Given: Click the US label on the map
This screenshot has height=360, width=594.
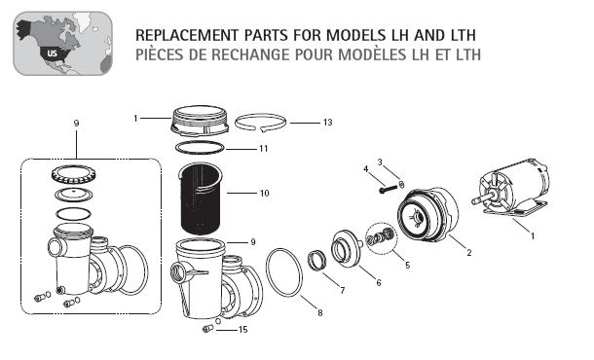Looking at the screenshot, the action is (52, 53).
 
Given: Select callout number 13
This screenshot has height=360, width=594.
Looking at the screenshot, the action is (327, 123).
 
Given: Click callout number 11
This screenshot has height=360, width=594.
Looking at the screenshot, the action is (263, 149).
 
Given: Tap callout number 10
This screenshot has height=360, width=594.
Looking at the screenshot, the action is (264, 193).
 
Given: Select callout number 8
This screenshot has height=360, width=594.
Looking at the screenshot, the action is (320, 313).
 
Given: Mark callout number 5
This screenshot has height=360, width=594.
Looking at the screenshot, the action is (408, 265).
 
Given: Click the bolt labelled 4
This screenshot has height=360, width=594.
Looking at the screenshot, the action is (387, 189).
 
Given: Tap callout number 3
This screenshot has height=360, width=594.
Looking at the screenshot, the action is (380, 162).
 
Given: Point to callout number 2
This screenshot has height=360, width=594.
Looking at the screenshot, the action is (469, 253).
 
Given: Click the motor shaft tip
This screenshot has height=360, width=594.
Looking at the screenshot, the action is (472, 201).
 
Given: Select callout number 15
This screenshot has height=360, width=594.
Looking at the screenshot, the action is (242, 330).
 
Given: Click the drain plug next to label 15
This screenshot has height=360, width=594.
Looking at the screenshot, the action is (208, 329).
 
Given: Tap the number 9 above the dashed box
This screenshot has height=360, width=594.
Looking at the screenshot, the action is (76, 124).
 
